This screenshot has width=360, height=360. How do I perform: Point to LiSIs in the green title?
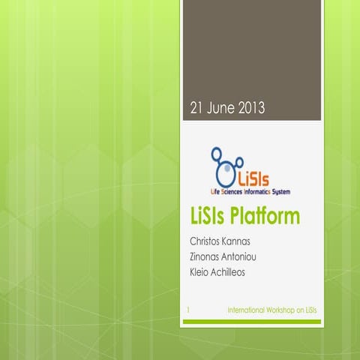click(x=210, y=217)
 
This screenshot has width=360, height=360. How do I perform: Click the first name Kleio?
click(x=202, y=272)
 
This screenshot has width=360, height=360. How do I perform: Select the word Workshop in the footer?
click(x=281, y=309)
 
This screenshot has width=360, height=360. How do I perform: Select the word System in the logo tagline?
click(x=280, y=193)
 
